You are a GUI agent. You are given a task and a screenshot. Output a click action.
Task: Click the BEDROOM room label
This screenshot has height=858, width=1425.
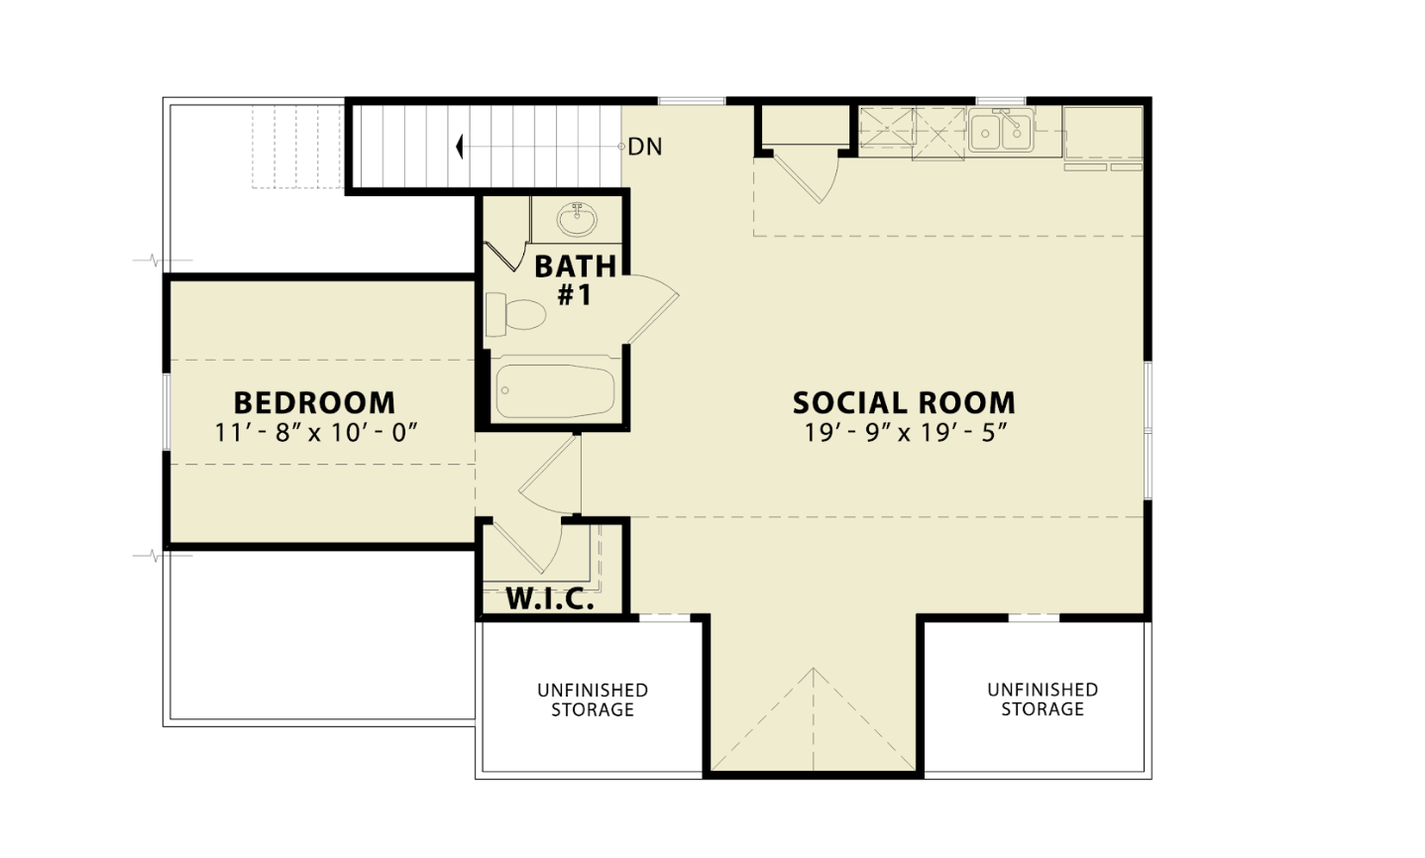[314, 402]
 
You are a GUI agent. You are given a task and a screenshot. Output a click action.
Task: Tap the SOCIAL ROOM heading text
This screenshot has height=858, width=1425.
[904, 402]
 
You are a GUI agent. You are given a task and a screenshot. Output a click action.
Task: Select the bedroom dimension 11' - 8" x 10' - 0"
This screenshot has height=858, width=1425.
[315, 433]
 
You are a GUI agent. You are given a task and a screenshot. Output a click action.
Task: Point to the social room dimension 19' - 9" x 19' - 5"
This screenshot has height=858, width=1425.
[906, 433]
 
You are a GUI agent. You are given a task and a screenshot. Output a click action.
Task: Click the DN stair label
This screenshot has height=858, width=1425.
[645, 147]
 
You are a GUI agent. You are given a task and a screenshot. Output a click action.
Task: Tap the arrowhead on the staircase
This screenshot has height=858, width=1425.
[459, 147]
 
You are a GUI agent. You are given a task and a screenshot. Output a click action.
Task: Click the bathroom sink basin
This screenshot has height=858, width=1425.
[577, 220]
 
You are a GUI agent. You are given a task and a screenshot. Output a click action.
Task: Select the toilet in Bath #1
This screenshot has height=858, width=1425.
[515, 315]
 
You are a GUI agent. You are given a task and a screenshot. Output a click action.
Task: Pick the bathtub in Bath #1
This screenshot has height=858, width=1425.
[555, 390]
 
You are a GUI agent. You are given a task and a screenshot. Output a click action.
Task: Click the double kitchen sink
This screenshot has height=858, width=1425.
[1001, 131]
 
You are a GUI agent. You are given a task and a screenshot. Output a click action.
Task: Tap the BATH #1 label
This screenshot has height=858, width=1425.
[575, 280]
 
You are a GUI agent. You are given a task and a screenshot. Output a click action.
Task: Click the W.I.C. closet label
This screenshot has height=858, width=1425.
[550, 598]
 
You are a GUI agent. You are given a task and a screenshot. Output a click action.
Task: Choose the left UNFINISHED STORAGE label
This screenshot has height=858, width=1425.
[593, 699]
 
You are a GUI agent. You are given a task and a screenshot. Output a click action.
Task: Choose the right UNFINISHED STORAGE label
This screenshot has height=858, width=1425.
[1042, 699]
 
